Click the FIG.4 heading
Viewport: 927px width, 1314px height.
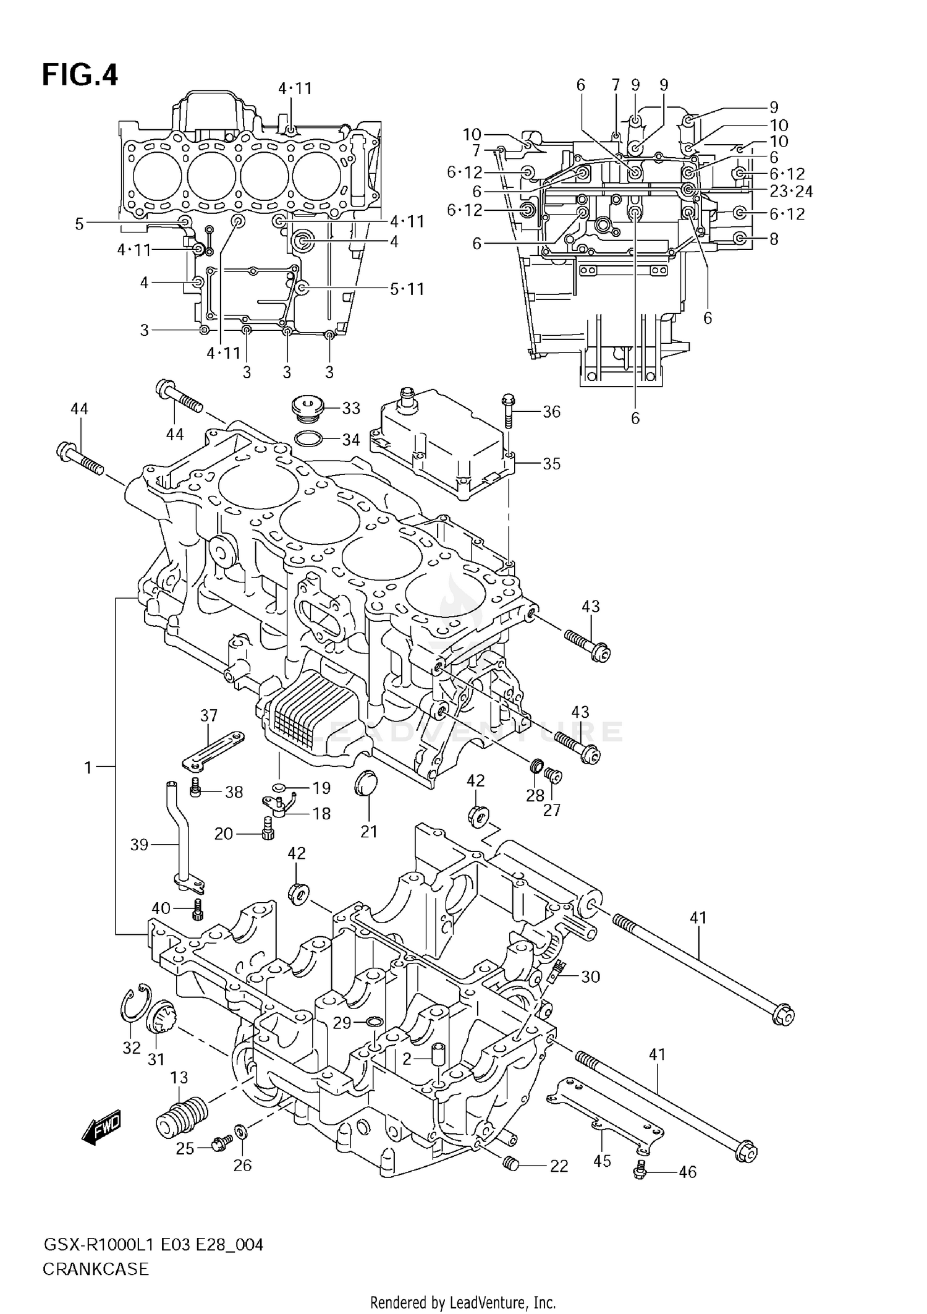click(80, 75)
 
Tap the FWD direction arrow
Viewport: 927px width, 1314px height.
click(101, 1129)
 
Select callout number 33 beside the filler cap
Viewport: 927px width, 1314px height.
click(351, 408)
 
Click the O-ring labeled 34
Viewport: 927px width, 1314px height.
click(308, 439)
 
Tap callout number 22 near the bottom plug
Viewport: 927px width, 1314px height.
click(559, 1166)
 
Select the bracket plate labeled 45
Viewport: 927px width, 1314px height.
click(603, 1119)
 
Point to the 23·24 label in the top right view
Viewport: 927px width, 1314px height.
click(791, 192)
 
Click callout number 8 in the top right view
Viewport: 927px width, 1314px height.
click(774, 239)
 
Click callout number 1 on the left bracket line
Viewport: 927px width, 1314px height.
click(88, 768)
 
